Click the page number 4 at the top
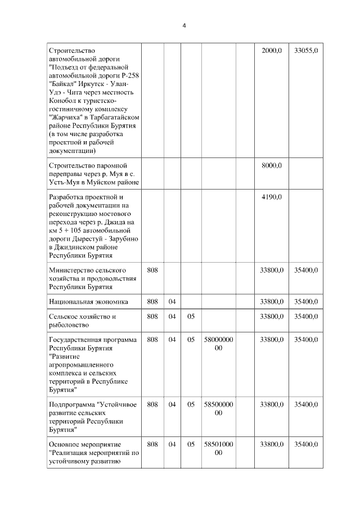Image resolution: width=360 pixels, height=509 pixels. (x=184, y=25)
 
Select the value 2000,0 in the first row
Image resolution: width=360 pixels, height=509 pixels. (x=272, y=51)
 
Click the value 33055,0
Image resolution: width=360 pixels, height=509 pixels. (x=305, y=51)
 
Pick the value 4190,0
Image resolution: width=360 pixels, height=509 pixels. (x=272, y=197)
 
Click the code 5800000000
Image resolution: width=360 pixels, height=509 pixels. (x=218, y=344)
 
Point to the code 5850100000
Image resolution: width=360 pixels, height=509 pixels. (x=218, y=448)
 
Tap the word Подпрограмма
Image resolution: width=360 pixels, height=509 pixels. (x=72, y=404)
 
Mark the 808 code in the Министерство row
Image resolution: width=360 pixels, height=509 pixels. (x=152, y=271)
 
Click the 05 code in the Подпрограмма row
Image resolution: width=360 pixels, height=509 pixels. (x=191, y=404)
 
